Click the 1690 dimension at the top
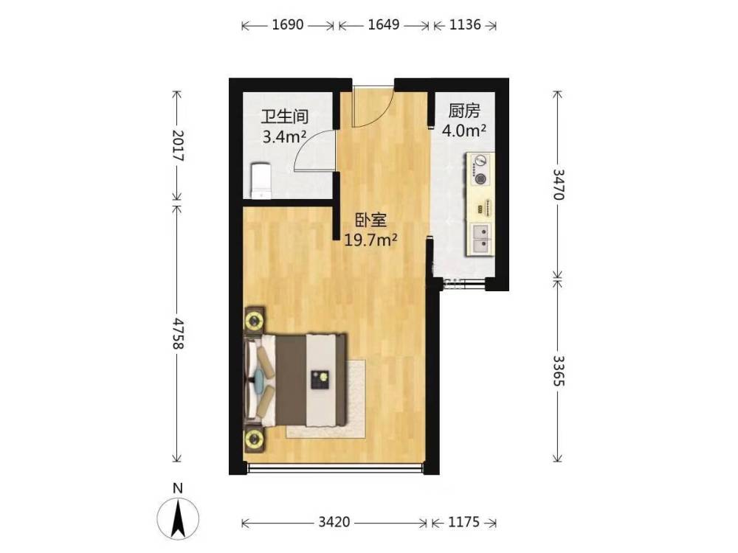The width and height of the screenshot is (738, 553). pyautogui.click(x=288, y=24)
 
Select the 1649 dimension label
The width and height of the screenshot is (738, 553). pyautogui.click(x=384, y=24)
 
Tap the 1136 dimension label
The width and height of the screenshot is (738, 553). pyautogui.click(x=465, y=24)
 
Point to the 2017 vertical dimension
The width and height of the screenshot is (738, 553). pyautogui.click(x=178, y=145)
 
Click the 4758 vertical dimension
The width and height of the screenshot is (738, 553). pyautogui.click(x=178, y=333)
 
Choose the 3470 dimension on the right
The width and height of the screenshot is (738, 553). pyautogui.click(x=558, y=184)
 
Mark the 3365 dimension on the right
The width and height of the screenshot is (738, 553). pyautogui.click(x=558, y=371)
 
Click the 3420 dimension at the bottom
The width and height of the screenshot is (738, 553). pyautogui.click(x=334, y=522)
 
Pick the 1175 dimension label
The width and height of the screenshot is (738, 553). pyautogui.click(x=464, y=522)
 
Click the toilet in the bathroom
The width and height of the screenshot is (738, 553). pyautogui.click(x=261, y=181)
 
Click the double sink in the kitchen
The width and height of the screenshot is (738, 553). pyautogui.click(x=481, y=239)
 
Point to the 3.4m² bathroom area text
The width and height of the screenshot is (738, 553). pyautogui.click(x=284, y=137)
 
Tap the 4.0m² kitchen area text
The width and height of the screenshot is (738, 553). pyautogui.click(x=464, y=131)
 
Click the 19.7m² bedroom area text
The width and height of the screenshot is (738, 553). pyautogui.click(x=371, y=240)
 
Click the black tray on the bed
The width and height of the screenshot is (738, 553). pyautogui.click(x=320, y=380)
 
